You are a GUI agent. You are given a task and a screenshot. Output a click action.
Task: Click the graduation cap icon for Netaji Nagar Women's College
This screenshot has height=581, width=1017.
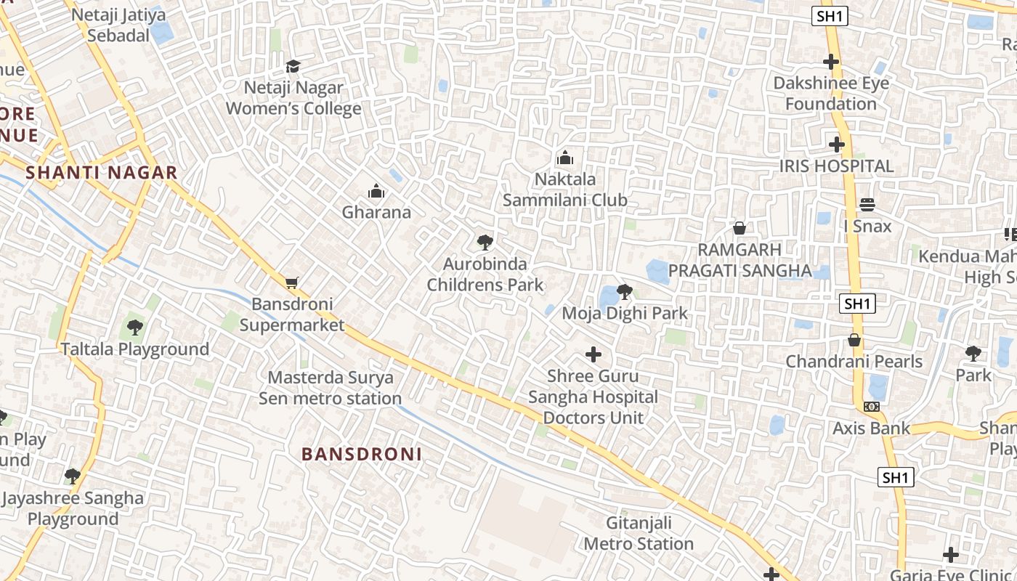[x=293, y=67]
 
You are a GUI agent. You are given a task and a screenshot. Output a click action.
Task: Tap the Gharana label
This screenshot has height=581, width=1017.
[x=376, y=212]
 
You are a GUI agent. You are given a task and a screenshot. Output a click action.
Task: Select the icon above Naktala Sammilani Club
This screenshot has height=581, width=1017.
[x=564, y=158]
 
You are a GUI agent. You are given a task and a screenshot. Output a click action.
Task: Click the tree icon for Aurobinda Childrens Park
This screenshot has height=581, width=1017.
[x=485, y=243]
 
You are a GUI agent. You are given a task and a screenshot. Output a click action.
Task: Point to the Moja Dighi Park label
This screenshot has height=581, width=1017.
[x=625, y=314]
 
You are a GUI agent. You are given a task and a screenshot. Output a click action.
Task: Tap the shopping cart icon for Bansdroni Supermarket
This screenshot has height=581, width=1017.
[x=291, y=283]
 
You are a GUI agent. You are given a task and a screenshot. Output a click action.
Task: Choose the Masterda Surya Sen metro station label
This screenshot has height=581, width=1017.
[x=330, y=388]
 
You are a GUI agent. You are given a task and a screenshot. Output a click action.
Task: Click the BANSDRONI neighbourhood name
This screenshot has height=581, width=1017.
[x=362, y=455]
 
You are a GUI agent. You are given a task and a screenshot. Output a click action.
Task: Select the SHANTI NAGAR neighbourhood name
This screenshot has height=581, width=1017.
[x=102, y=173]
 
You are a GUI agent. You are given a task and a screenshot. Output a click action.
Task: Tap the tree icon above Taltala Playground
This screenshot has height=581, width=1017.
[x=134, y=328]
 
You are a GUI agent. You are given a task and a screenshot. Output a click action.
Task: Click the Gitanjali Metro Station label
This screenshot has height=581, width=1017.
[x=639, y=533]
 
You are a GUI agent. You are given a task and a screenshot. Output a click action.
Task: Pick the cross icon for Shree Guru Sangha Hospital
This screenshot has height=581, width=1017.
[x=593, y=354]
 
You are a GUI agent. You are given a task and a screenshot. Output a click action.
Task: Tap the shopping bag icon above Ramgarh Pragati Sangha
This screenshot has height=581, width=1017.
[x=740, y=228]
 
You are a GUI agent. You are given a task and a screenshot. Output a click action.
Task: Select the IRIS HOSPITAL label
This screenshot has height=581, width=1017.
[x=836, y=166]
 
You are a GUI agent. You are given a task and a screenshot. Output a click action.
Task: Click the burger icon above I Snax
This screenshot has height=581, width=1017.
[x=867, y=205]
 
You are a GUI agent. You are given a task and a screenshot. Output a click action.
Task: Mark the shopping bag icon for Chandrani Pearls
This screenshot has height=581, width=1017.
[x=854, y=340]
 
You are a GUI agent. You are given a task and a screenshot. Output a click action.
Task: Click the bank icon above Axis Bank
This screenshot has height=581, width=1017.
[x=871, y=407]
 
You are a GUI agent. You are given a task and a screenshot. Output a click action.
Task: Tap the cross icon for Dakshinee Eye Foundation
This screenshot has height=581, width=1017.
[x=831, y=62]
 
